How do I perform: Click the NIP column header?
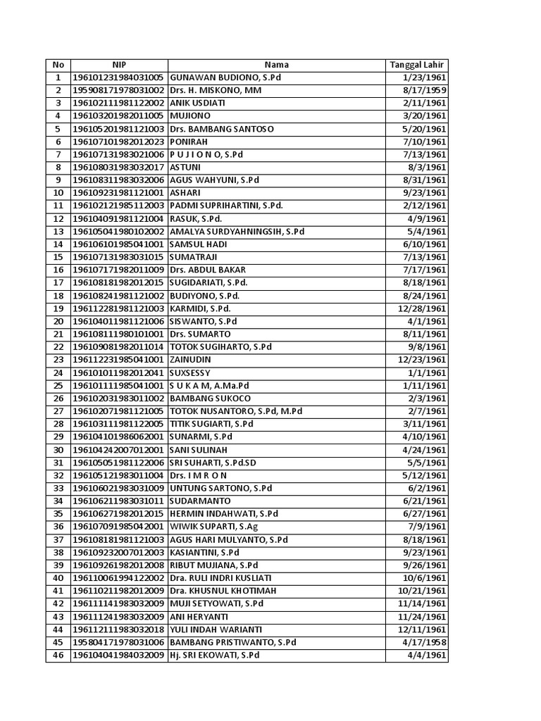click(x=118, y=65)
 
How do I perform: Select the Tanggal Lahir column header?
click(x=416, y=65)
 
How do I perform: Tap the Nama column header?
click(x=276, y=65)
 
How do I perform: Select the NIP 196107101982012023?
click(x=118, y=142)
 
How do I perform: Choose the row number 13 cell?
click(x=58, y=232)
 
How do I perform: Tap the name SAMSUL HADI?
click(x=197, y=244)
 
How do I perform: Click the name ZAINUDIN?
click(x=192, y=360)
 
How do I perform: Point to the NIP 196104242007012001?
click(x=118, y=450)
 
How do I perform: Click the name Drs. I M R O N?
click(x=198, y=475)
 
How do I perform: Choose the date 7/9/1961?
click(x=431, y=527)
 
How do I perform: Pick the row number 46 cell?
click(x=58, y=656)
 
